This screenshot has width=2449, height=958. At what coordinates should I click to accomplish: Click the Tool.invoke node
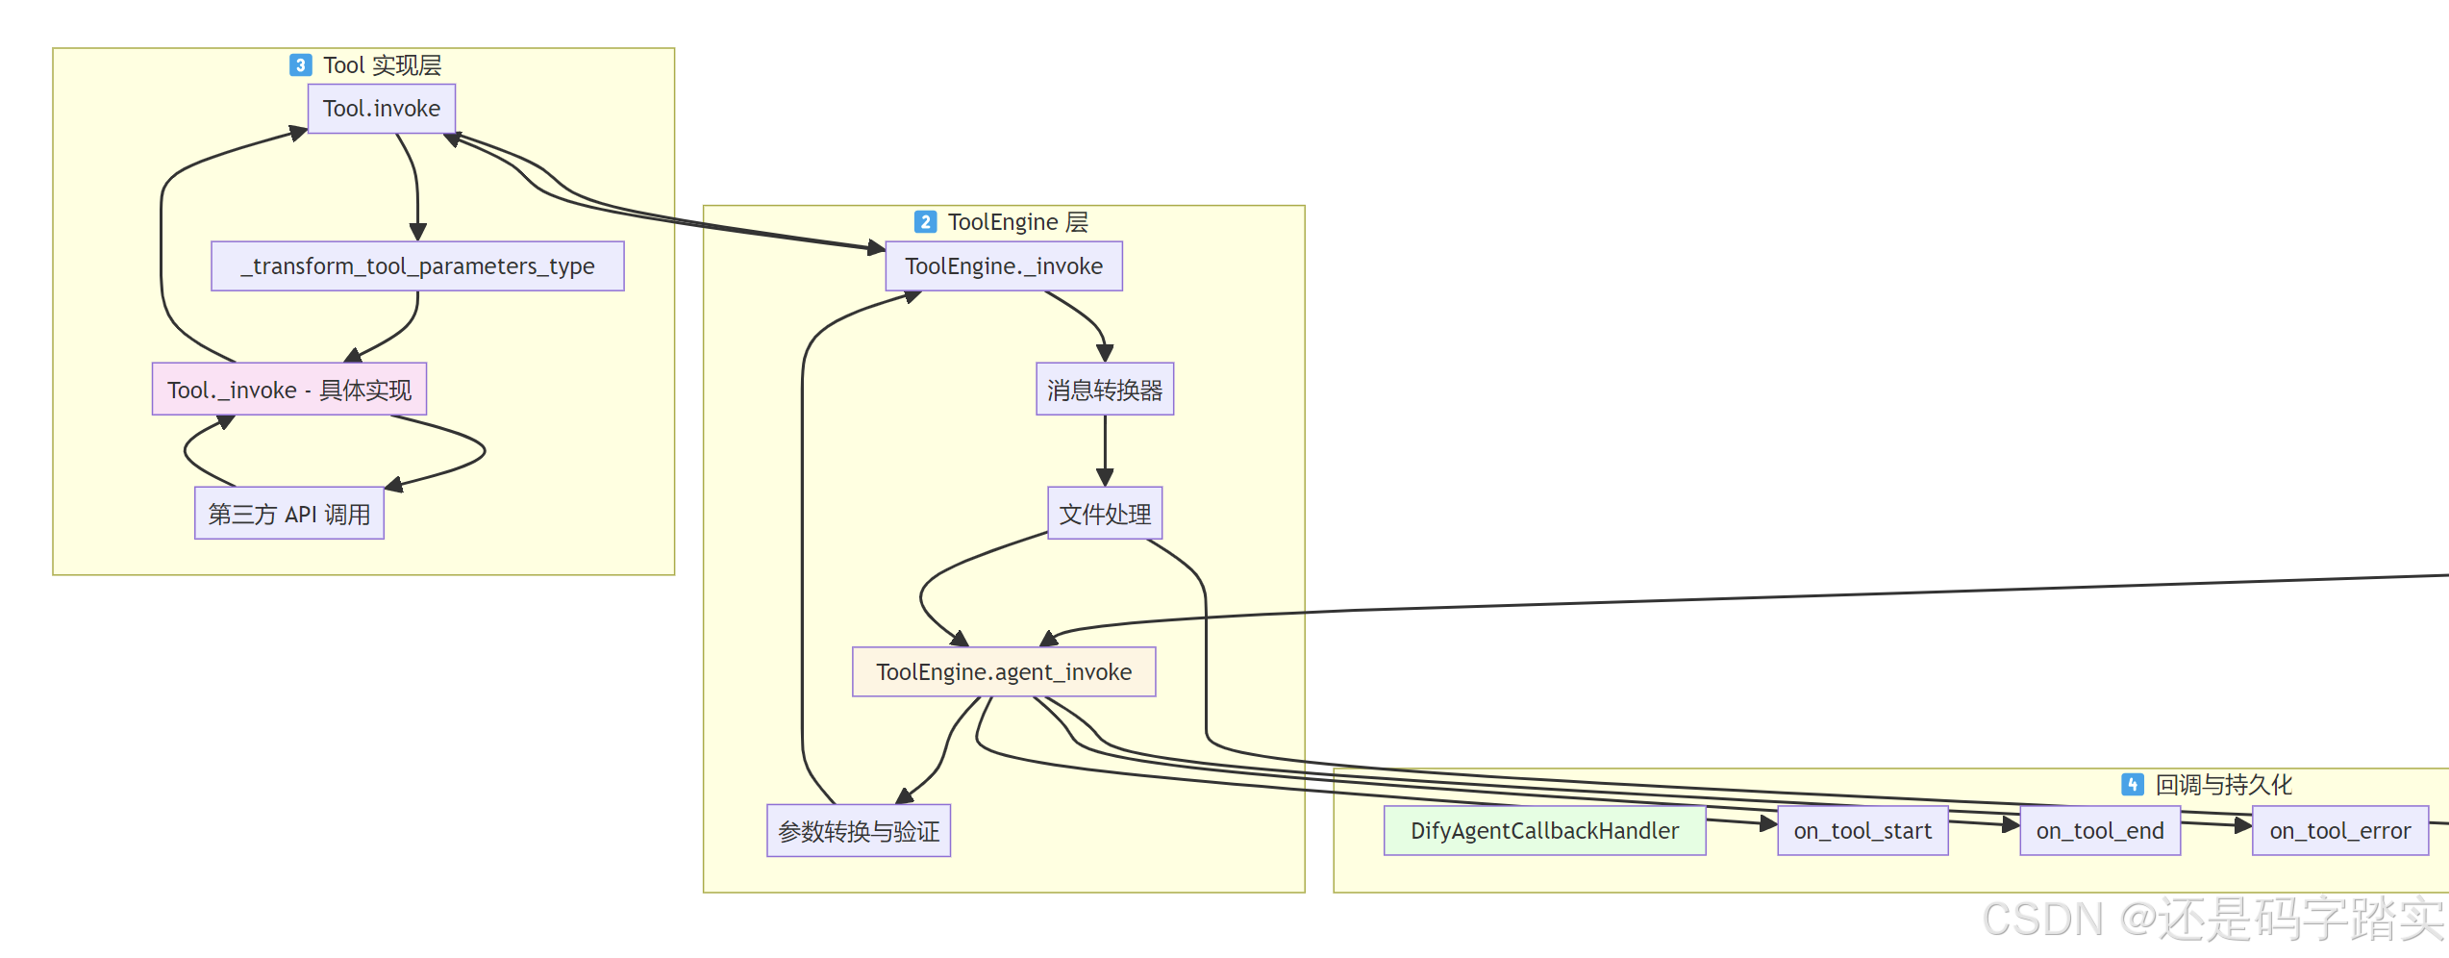(x=382, y=109)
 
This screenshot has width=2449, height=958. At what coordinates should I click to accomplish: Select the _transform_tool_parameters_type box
(x=417, y=266)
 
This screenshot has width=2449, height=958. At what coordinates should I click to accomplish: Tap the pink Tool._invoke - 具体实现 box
(x=289, y=390)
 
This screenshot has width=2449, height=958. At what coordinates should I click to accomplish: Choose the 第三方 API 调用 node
(x=289, y=514)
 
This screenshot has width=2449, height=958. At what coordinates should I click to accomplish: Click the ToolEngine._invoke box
(x=1004, y=266)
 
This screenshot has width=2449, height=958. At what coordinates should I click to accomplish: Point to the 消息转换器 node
(x=1105, y=390)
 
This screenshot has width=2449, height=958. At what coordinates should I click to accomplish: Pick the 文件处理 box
(x=1105, y=514)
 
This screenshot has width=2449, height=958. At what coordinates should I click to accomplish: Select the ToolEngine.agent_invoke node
(x=1004, y=672)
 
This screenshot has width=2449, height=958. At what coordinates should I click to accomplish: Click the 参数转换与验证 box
(x=859, y=831)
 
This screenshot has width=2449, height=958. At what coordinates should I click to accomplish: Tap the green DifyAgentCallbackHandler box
(x=1544, y=831)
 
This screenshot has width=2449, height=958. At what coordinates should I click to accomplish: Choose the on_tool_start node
(x=1862, y=831)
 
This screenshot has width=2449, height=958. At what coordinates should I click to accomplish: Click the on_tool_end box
(x=2100, y=831)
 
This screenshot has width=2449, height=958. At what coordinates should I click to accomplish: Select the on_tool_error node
(x=2340, y=831)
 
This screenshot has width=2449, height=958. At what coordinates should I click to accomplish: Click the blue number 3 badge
(x=301, y=65)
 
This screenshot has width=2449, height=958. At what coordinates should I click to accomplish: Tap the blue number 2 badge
(x=925, y=222)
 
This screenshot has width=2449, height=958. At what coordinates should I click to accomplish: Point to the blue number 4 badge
(x=2133, y=785)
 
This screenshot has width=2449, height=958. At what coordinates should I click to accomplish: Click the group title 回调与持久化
(x=2224, y=785)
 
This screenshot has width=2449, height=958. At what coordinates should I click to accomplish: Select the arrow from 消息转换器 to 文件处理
(x=1105, y=450)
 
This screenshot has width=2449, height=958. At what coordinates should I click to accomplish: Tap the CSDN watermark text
(x=2212, y=920)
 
